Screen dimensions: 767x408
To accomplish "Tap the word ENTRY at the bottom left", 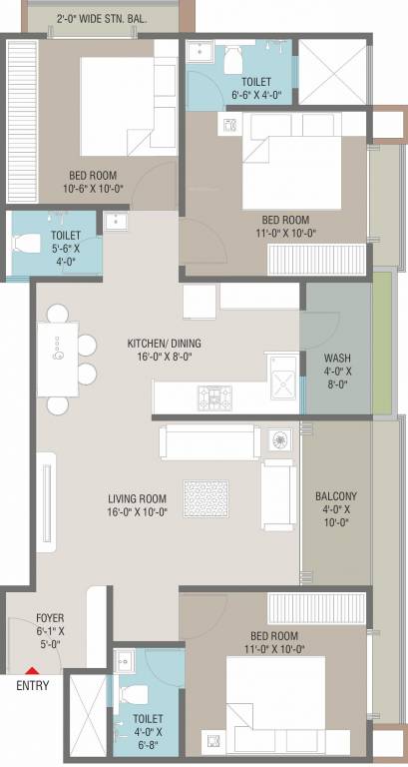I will [32, 686].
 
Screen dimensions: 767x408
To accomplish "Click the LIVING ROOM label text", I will [138, 504].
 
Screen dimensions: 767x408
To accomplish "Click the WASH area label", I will [336, 367].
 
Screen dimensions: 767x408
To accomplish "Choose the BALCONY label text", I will [336, 503].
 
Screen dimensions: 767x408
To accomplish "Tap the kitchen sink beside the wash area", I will [284, 381].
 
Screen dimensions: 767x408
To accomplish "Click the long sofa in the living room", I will [212, 440].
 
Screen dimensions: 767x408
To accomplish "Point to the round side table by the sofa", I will [279, 440].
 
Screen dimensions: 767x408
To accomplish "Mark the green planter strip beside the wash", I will [381, 341].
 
